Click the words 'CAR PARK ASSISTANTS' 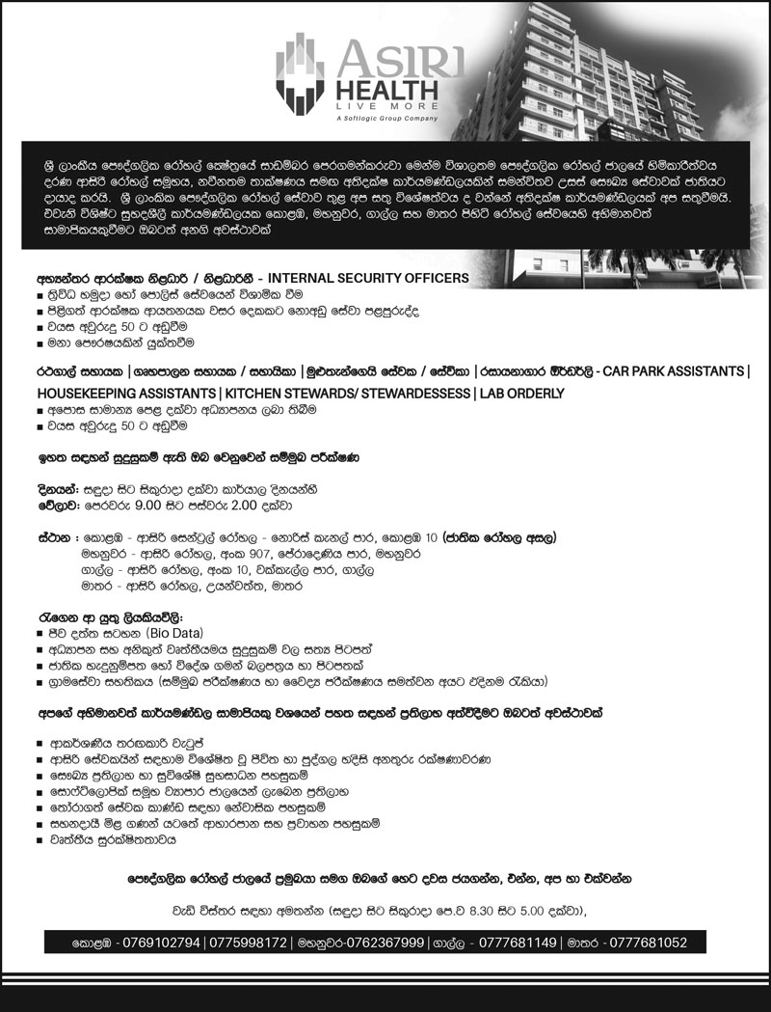[672, 370]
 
